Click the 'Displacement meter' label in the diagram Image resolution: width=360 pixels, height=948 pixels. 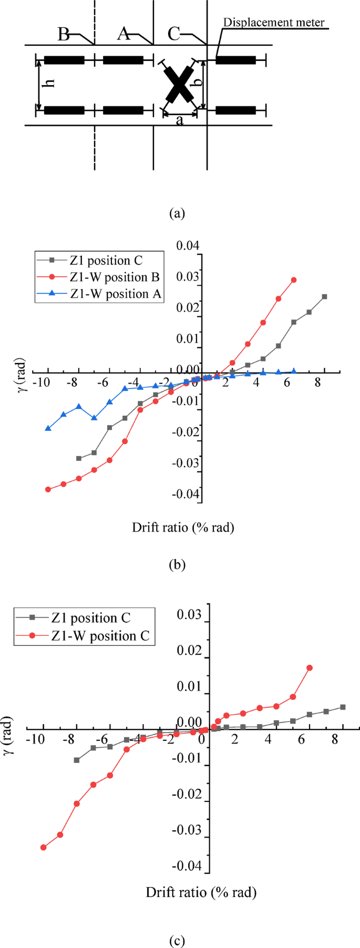click(x=274, y=23)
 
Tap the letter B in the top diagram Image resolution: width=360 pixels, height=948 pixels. click(x=64, y=35)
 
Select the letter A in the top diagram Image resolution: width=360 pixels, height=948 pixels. click(x=124, y=34)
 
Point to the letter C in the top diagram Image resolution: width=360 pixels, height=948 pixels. click(x=174, y=34)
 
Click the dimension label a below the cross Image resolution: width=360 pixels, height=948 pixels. click(x=180, y=121)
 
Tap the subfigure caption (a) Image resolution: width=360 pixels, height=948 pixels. click(x=177, y=213)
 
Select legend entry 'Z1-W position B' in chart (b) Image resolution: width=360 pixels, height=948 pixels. click(x=114, y=277)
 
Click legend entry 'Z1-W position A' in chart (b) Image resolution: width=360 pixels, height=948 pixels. click(x=115, y=294)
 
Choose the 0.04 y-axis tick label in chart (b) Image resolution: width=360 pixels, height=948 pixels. click(x=188, y=245)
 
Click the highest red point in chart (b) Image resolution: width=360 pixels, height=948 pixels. click(x=294, y=280)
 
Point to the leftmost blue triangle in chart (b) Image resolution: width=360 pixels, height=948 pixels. click(x=48, y=428)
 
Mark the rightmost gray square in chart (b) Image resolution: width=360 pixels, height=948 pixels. click(x=325, y=297)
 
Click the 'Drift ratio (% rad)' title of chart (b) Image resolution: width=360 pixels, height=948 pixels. click(x=183, y=527)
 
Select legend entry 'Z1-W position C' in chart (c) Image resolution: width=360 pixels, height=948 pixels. click(x=100, y=636)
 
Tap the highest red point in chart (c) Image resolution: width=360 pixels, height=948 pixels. click(x=310, y=668)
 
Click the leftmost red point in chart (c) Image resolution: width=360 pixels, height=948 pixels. click(x=44, y=848)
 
